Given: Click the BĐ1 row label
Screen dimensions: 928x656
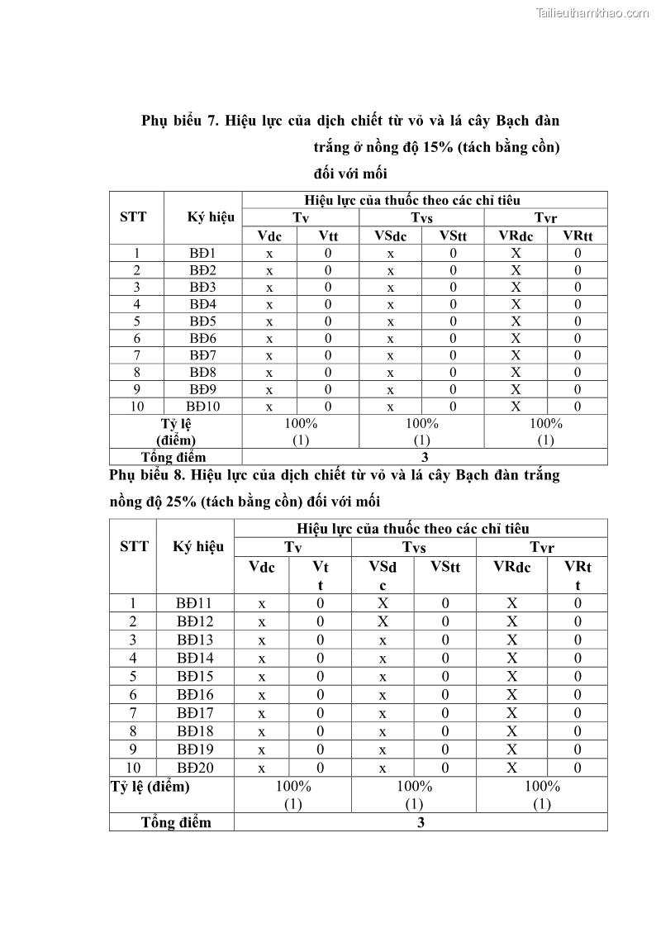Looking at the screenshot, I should coord(202,254).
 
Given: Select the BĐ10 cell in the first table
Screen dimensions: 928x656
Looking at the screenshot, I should coord(202,407).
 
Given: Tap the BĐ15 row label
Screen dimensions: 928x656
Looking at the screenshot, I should coord(195,677).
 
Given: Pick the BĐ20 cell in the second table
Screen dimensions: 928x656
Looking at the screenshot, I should coord(195,768).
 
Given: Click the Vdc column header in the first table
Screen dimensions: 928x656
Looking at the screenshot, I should coord(269,236).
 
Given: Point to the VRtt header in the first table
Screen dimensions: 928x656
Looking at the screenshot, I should coord(578,236).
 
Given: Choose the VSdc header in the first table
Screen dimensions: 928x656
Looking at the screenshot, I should coord(390,236).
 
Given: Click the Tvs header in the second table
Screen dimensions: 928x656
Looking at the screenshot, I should coord(414,547).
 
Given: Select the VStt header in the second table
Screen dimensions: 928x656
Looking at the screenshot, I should coord(445,567).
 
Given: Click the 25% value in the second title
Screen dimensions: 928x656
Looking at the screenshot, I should coord(181,502).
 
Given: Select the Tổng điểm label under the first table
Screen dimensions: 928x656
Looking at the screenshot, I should coord(174,457).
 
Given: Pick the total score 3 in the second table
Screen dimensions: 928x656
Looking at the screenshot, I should coord(421,823).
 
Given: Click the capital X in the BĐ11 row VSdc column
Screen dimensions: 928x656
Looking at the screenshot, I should coord(383,603).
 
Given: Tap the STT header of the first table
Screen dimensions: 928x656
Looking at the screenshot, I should coord(133,217).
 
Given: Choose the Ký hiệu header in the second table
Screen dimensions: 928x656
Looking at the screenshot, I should coord(198,547).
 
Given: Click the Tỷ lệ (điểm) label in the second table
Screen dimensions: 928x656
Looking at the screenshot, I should coord(150,787).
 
